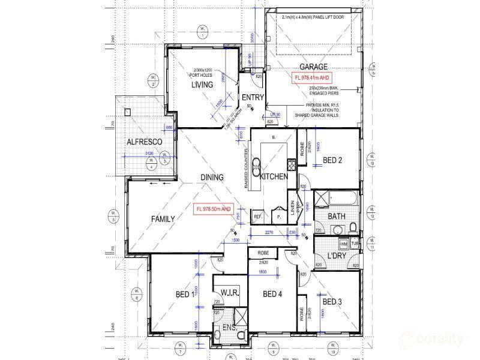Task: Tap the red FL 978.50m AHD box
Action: pos(213,209)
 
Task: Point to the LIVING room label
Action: pos(202,85)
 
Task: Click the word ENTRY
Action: pos(253,97)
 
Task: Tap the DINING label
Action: pos(212,178)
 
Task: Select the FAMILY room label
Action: pos(162,219)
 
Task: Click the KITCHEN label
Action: pos(274,177)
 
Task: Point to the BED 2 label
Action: pos(332,160)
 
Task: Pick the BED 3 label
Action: pos(332,301)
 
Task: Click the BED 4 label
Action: pos(272,293)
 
